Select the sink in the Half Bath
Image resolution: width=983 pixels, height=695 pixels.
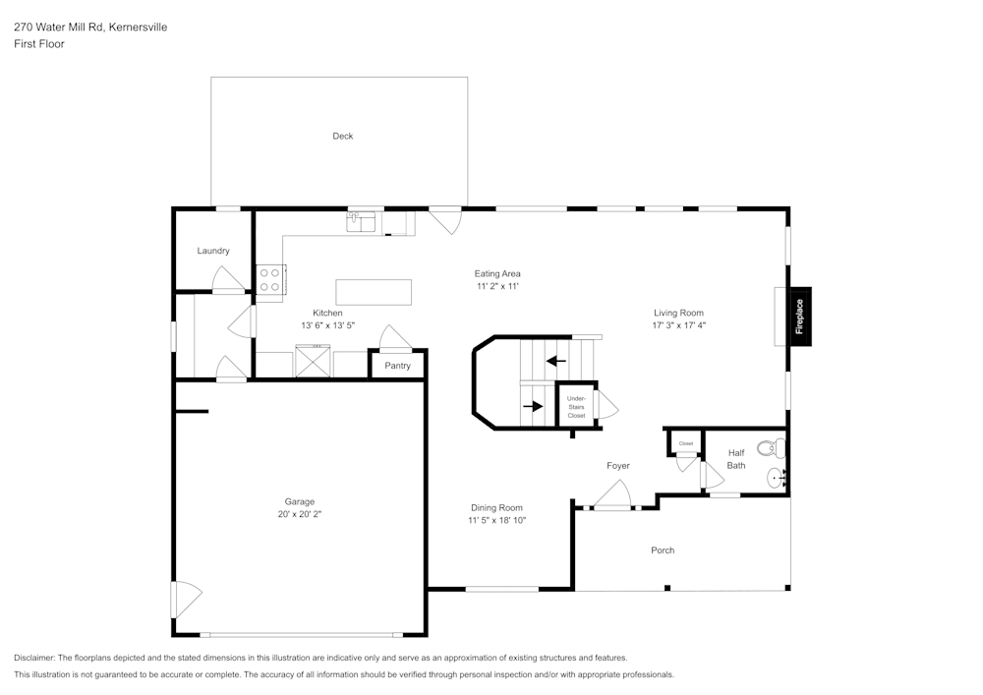click(776, 479)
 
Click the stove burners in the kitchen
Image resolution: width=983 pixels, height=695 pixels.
click(270, 278)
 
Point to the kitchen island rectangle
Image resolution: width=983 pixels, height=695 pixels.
click(374, 292)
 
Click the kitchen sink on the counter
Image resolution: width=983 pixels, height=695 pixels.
click(361, 223)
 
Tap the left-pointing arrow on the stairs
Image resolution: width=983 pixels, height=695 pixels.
click(555, 361)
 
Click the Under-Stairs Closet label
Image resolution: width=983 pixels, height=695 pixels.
click(576, 407)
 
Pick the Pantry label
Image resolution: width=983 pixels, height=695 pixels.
click(398, 366)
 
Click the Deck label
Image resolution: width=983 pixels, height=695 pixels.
click(342, 137)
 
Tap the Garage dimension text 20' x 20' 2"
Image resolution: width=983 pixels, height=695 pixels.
click(300, 514)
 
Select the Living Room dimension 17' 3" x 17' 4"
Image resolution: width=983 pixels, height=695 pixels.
click(678, 325)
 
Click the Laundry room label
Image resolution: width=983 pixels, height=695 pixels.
click(213, 252)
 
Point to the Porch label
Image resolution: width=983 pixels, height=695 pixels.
click(663, 550)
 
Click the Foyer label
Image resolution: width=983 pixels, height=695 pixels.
click(617, 466)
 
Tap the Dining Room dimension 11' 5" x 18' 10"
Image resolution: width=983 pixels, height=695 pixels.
click(496, 520)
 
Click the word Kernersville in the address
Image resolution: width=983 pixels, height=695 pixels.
click(138, 28)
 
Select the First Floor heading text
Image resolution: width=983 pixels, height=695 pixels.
click(38, 44)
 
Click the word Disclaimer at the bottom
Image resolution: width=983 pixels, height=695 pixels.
click(33, 658)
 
